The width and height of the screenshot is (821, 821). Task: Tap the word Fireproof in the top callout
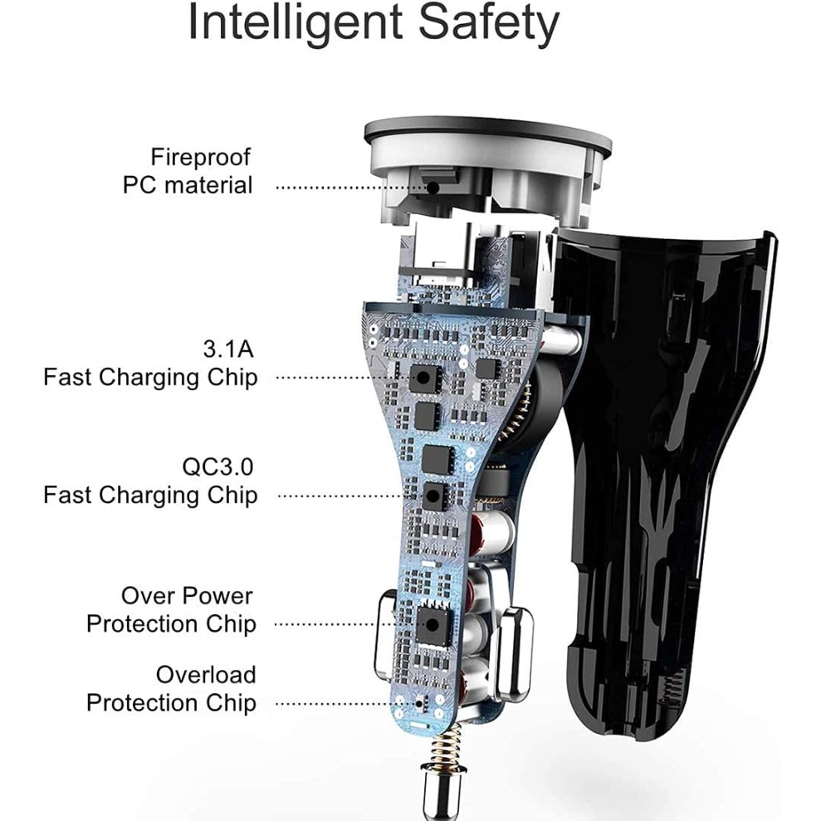pos(200,156)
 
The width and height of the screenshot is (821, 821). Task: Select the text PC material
pos(188,184)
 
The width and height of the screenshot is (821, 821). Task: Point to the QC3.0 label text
pos(218,466)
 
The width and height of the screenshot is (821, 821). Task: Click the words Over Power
pos(187,595)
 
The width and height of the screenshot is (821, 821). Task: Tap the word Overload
pos(206,674)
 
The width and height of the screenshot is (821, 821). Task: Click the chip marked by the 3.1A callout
pos(424,378)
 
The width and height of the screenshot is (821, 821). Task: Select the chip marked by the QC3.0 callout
pos(433,496)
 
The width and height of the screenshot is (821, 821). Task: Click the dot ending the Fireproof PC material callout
pos(433,187)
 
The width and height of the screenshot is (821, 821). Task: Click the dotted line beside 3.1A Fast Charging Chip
pos(340,378)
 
